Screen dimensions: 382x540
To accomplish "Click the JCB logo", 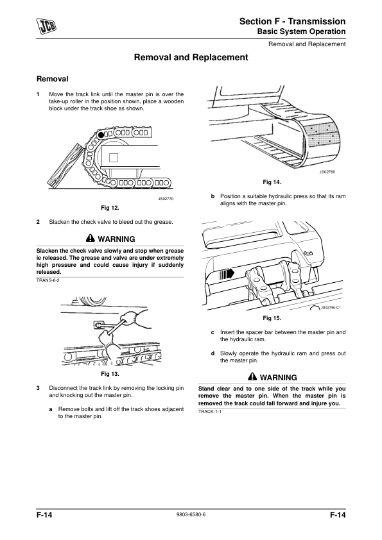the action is (47, 26).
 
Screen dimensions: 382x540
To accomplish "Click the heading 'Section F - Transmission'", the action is (292, 21).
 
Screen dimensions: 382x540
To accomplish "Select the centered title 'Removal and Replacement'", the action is (191, 57).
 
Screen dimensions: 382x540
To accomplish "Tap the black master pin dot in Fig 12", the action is (101, 135).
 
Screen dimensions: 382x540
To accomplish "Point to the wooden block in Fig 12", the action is (65, 165).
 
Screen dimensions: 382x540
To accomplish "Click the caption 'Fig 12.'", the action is (110, 208).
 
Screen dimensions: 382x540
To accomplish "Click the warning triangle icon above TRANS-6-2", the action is (90, 238).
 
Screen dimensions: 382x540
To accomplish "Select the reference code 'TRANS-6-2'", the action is (48, 280).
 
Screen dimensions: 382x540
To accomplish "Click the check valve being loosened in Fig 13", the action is (99, 325).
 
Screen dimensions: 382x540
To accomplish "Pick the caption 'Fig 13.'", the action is (110, 374).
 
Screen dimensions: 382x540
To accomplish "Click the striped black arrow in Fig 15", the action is (227, 274).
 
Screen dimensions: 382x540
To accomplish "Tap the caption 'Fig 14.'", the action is (272, 182).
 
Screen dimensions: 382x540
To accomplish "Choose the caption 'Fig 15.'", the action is (272, 318).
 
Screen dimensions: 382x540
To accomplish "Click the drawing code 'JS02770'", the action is (166, 199).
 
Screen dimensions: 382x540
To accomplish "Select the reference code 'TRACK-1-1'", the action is (210, 412).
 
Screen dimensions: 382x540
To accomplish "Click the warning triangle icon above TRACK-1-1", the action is (252, 376).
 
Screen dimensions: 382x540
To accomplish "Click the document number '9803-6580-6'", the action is (191, 514).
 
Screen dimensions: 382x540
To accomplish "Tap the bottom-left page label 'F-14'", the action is (44, 515).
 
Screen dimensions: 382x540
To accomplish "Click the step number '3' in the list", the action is (38, 388).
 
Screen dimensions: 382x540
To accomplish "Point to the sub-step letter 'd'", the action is (213, 353).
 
